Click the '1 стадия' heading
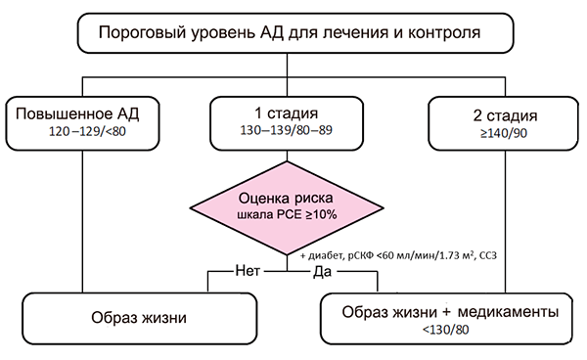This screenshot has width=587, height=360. [x=289, y=113]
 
